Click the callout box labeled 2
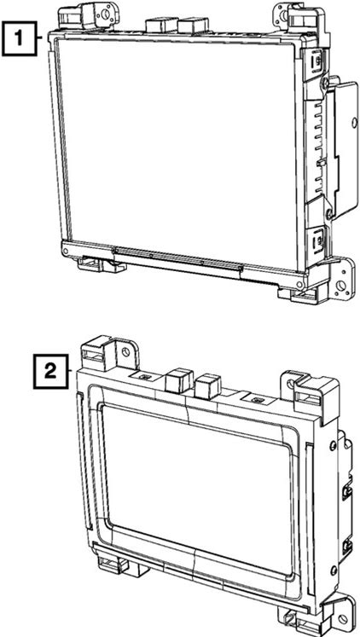coord(50,372)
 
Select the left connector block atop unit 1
coord(161,26)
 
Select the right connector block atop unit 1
coord(193,26)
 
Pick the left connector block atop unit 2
coord(179,380)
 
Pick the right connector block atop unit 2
coord(207,386)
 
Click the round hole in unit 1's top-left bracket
coord(106,14)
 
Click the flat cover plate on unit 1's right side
coord(343,148)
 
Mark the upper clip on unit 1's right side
coord(317,61)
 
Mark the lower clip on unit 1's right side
coord(318,242)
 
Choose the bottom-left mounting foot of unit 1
coord(101,264)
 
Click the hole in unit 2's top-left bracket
coord(126,352)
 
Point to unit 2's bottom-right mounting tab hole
coord(343,620)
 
